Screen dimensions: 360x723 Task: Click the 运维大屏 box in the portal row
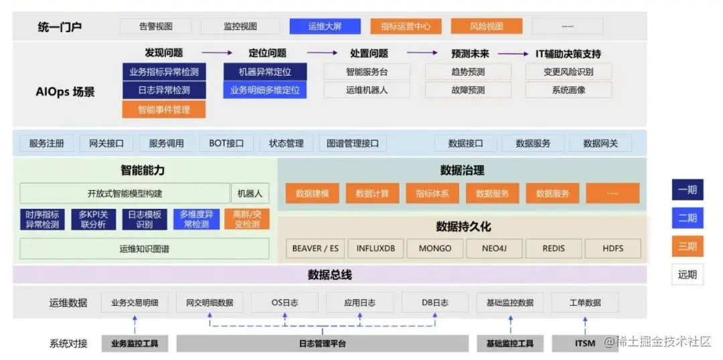tap(325, 27)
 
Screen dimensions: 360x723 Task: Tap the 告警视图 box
tap(156, 27)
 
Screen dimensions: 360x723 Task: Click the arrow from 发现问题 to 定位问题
tap(217, 53)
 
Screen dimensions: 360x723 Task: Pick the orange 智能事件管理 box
tap(163, 109)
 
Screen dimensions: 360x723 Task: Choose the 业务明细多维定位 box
tap(264, 90)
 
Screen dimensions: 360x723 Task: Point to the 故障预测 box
tap(468, 90)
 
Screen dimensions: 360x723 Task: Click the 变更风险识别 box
tap(568, 72)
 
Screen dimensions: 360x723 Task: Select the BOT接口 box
tap(226, 143)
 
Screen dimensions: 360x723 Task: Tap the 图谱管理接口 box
tap(353, 143)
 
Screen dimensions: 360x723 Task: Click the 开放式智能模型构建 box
tap(125, 193)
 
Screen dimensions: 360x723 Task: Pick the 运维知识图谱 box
tap(144, 249)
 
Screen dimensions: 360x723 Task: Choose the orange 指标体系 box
tap(432, 193)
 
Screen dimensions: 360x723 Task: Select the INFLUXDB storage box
tap(376, 248)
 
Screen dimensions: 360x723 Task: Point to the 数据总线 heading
tap(329, 275)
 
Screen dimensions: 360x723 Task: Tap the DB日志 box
tap(435, 302)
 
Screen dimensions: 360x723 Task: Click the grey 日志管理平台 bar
tap(323, 344)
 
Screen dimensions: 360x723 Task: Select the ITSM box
tap(584, 344)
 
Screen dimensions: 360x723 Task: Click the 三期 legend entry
tap(688, 246)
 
